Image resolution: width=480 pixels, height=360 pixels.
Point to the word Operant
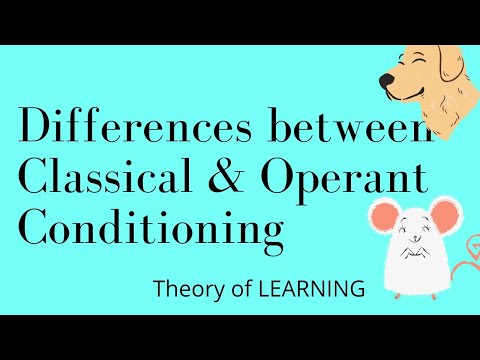pos(345,180)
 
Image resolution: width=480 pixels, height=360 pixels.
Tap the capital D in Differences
pos(37,130)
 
